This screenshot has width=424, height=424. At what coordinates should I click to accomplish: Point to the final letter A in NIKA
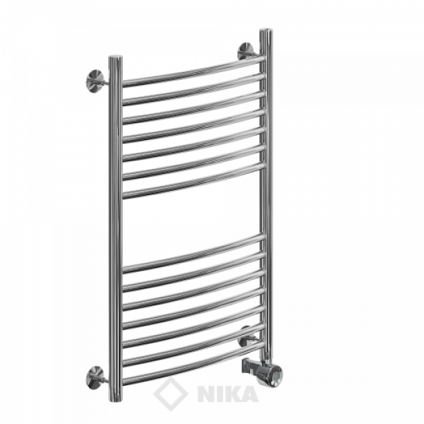249,394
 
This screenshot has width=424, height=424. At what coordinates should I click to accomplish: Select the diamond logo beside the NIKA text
170,394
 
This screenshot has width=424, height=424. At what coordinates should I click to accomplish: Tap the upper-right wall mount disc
245,51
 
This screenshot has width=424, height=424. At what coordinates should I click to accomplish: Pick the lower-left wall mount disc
95,377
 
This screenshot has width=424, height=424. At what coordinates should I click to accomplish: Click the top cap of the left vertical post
115,58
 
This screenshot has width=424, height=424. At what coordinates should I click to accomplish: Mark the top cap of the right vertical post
266,31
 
